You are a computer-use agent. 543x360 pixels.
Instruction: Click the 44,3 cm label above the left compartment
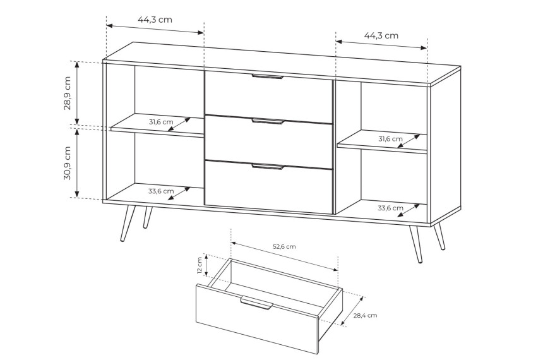155,20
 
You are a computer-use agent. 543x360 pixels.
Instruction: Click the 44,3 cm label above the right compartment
381,35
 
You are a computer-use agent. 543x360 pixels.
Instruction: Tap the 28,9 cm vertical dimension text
67,93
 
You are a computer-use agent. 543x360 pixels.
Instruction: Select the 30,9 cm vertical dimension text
67,163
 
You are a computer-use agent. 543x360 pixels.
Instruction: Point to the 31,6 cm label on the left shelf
161,122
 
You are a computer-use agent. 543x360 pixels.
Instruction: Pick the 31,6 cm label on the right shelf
390,139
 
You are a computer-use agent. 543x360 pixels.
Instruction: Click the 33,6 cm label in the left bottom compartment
161,191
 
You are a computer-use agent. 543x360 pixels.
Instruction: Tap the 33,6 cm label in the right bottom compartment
390,208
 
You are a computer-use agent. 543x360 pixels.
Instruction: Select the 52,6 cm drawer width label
284,247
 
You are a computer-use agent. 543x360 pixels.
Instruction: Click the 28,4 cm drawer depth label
365,315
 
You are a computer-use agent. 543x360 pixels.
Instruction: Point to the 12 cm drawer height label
200,265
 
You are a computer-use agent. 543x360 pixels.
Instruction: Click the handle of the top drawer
268,76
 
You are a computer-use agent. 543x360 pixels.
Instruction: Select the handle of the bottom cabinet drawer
268,167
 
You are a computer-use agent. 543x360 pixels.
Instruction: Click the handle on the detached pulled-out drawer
256,303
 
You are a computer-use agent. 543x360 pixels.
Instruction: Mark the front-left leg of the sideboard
128,223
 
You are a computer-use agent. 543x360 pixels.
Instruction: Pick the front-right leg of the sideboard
415,244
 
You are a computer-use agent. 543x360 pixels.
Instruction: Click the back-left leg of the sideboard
148,218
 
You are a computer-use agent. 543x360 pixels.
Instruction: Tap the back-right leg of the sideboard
439,236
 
